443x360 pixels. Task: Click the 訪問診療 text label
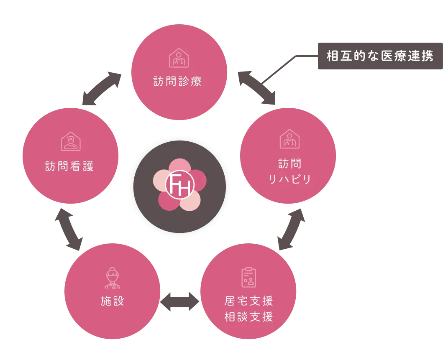[178, 81]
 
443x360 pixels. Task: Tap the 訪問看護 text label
[69, 166]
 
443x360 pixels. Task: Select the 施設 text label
[113, 301]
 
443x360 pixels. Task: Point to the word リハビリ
[289, 179]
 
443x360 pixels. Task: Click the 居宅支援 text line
[248, 301]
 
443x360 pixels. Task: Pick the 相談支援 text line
[248, 317]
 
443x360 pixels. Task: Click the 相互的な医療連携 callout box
[379, 56]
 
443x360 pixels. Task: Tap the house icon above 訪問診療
[179, 58]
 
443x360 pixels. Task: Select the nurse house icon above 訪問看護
[70, 142]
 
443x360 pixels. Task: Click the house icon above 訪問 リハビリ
[289, 139]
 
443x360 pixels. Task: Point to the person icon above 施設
[112, 278]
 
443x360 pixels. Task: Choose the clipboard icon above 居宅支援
[248, 277]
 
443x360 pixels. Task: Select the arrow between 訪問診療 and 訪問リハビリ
[257, 88]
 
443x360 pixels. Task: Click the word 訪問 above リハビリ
[289, 163]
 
